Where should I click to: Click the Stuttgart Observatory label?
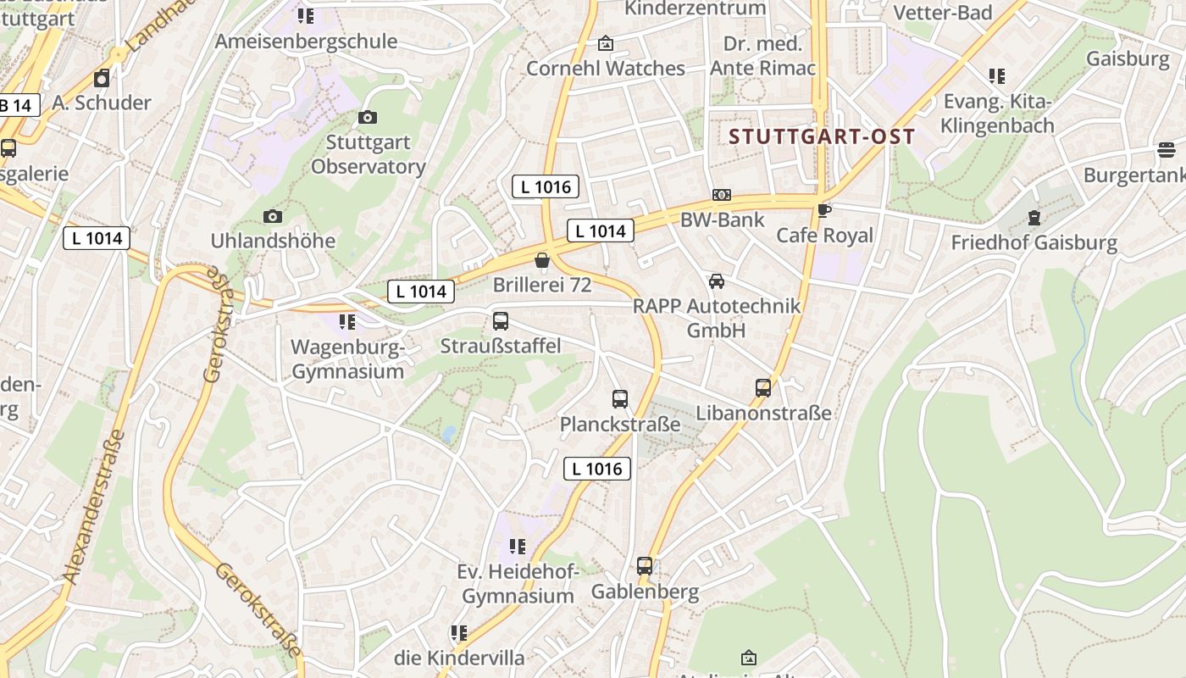pyautogui.click(x=368, y=154)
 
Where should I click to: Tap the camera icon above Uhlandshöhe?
pyautogui.click(x=272, y=217)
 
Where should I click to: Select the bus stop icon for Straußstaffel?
pyautogui.click(x=501, y=321)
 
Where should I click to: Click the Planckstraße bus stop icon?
pyautogui.click(x=620, y=399)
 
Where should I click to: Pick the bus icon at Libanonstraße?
pyautogui.click(x=763, y=388)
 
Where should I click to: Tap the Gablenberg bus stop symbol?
pyautogui.click(x=645, y=566)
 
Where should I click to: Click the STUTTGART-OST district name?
pyautogui.click(x=822, y=136)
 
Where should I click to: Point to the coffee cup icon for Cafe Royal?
pyautogui.click(x=823, y=210)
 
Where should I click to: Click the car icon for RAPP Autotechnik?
pyautogui.click(x=717, y=281)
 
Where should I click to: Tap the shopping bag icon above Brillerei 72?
pyautogui.click(x=542, y=260)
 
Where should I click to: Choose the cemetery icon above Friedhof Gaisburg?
pyautogui.click(x=1034, y=218)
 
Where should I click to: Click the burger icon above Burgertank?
pyautogui.click(x=1167, y=151)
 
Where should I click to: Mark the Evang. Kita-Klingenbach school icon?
pyautogui.click(x=997, y=76)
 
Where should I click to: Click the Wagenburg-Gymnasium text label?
pyautogui.click(x=348, y=359)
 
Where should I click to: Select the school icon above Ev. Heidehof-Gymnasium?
pyautogui.click(x=517, y=547)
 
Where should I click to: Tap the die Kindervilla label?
pyautogui.click(x=459, y=657)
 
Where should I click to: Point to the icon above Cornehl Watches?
pyautogui.click(x=606, y=43)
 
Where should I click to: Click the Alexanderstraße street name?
pyautogui.click(x=94, y=506)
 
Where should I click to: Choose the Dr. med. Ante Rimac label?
pyautogui.click(x=762, y=56)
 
